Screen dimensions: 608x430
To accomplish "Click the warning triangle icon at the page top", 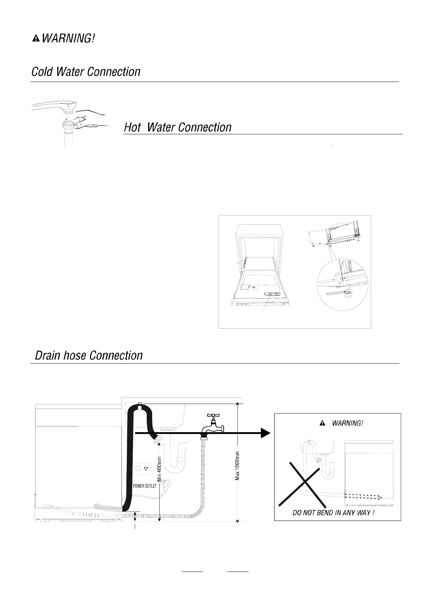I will click(x=36, y=38).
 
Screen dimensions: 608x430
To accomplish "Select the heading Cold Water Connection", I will click(x=86, y=72).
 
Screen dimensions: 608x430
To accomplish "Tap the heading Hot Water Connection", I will click(x=177, y=127).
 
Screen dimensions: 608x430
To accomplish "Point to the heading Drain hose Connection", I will click(x=89, y=356).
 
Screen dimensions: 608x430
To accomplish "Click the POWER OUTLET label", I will click(x=145, y=486).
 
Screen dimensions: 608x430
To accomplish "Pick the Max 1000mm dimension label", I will click(x=237, y=466).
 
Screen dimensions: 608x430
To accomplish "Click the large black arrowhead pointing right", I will click(x=265, y=433).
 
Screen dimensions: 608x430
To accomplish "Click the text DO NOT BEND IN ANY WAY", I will click(x=333, y=513).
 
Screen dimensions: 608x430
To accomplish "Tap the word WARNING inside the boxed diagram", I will click(x=347, y=423).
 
